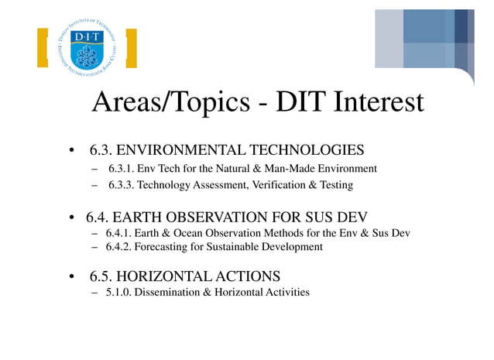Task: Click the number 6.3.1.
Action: pyautogui.click(x=122, y=169)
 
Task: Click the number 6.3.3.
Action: pyautogui.click(x=122, y=186)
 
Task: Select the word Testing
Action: pyautogui.click(x=338, y=186)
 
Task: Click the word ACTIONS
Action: pyautogui.click(x=252, y=276)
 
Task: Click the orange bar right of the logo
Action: pyautogui.click(x=131, y=49)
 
